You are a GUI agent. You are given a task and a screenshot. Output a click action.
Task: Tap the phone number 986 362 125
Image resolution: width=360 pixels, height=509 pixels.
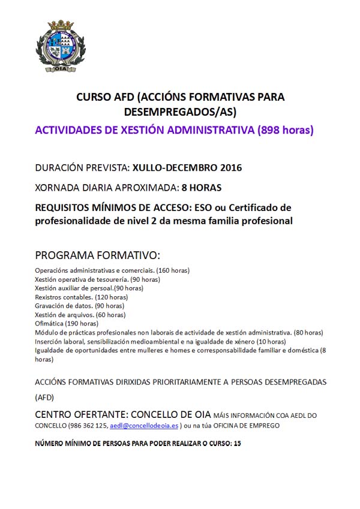point(90,426)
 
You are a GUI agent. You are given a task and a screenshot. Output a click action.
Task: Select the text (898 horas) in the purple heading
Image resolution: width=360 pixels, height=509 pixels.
point(286,130)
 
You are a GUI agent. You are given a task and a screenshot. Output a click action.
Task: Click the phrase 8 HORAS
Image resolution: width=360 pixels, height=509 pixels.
point(201,188)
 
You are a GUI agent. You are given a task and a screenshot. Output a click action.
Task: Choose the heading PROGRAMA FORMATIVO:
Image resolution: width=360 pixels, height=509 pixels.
point(97,254)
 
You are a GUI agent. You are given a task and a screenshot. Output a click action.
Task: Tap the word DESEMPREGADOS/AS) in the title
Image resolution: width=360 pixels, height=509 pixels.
point(180,112)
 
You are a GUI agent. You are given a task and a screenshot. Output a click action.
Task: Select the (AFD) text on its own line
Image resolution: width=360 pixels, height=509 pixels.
point(44,396)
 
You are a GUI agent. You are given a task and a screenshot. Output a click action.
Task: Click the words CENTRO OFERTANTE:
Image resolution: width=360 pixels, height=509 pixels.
point(81,414)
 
